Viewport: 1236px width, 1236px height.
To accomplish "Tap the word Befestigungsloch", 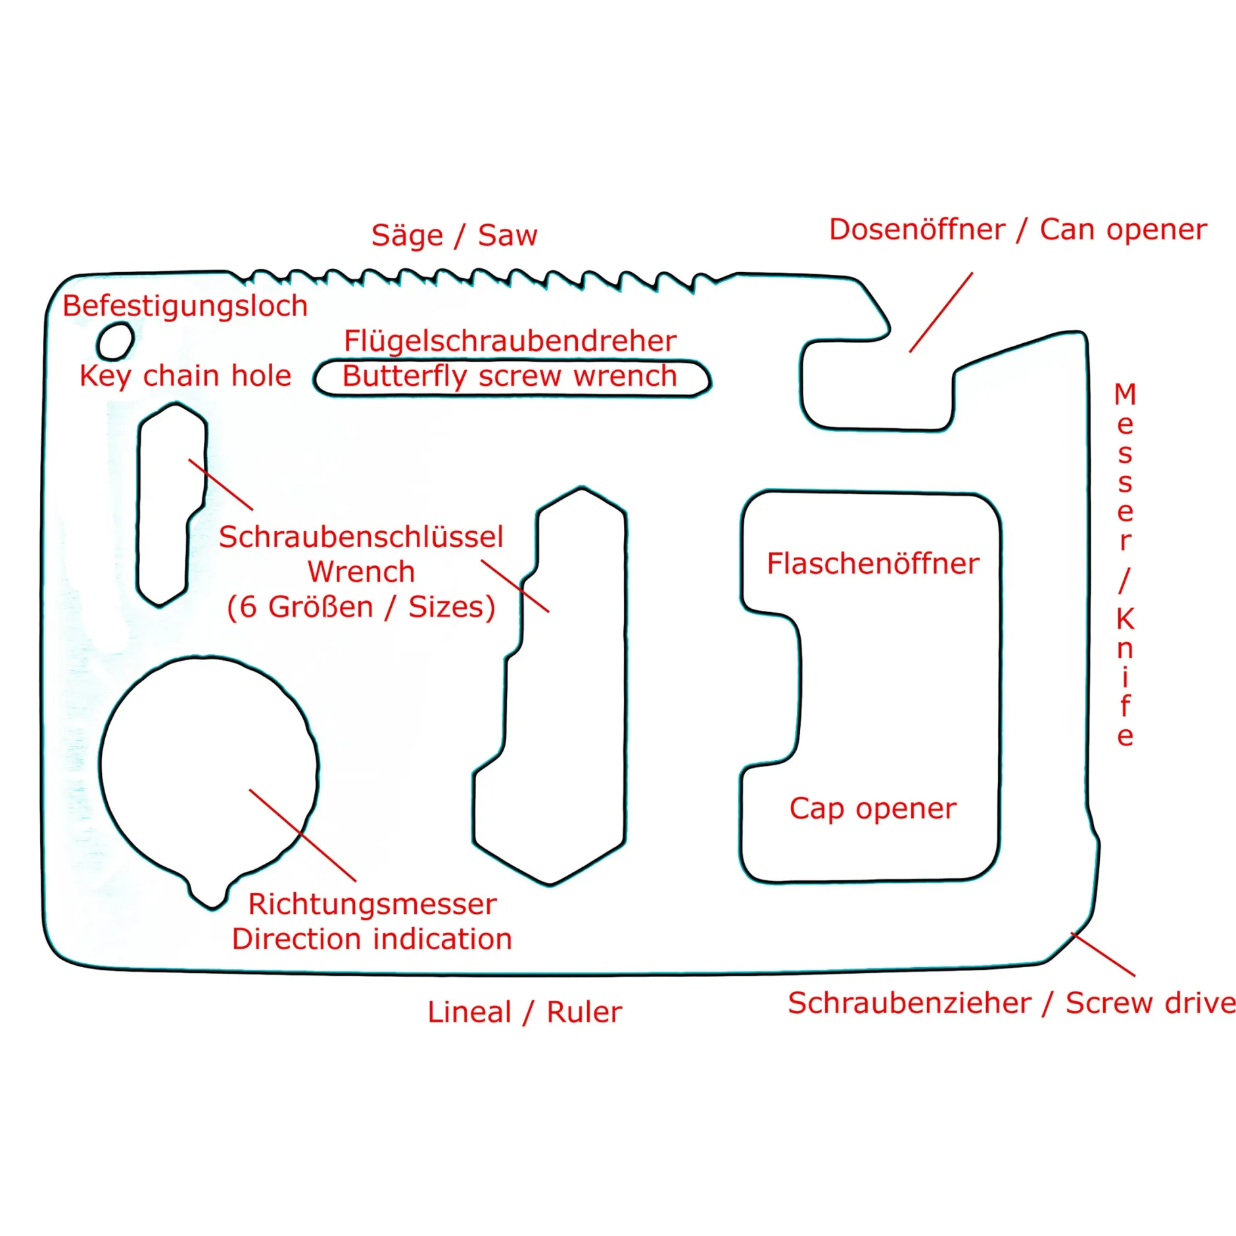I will (x=185, y=306).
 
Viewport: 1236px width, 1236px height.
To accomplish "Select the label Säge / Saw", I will (x=454, y=235).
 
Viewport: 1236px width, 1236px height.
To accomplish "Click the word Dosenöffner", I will (x=917, y=230).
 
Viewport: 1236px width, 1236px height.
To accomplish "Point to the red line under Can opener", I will (x=941, y=312).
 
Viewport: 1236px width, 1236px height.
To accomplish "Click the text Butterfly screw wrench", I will (x=510, y=377).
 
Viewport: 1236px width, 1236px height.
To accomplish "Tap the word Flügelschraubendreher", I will (x=510, y=341).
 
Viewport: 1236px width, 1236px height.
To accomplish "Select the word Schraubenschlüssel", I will (x=361, y=537).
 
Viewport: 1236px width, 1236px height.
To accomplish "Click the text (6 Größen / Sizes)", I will (x=361, y=607).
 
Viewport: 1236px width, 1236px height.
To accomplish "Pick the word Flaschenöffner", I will (x=872, y=564).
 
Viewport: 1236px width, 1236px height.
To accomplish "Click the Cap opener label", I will (x=872, y=809).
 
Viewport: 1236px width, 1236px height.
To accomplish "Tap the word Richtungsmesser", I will (x=372, y=905).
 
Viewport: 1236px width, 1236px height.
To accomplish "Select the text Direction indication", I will (x=372, y=939).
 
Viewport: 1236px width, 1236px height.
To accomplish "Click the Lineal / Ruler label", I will (x=524, y=1012).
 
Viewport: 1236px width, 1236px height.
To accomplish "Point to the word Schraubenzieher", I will (x=909, y=1003).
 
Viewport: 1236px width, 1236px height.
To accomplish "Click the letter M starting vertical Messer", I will (x=1125, y=394).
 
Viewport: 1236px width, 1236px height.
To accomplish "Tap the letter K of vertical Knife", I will (x=1125, y=619).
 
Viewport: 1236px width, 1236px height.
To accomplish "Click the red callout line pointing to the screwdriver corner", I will (x=1103, y=954).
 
